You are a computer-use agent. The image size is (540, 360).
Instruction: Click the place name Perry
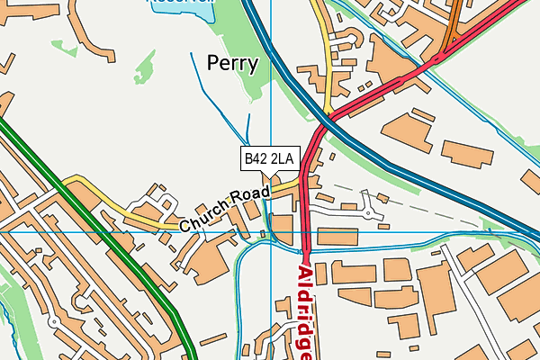[x=232, y=64]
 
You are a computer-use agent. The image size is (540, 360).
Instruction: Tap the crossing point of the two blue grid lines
[x=271, y=231]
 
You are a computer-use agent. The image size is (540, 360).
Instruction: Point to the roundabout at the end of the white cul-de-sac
[x=368, y=212]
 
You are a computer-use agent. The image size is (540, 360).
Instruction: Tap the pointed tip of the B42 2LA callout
[x=270, y=177]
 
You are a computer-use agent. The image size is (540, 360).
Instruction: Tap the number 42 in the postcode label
[x=263, y=159]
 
